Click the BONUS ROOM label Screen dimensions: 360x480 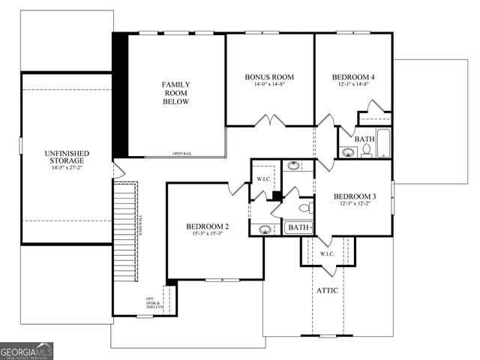tap(269, 76)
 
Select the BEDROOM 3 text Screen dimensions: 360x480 tap(355, 196)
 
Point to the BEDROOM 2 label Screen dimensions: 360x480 tap(207, 226)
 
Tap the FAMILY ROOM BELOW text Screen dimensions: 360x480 tap(177, 93)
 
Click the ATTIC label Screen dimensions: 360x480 tap(327, 290)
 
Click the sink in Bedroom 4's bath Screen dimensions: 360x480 tap(348, 152)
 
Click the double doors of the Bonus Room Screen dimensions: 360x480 tap(268, 121)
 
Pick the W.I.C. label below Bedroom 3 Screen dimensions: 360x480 tap(327, 253)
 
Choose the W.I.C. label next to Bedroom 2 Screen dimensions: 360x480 tap(262, 179)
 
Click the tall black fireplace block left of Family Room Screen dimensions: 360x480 tap(120, 93)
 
